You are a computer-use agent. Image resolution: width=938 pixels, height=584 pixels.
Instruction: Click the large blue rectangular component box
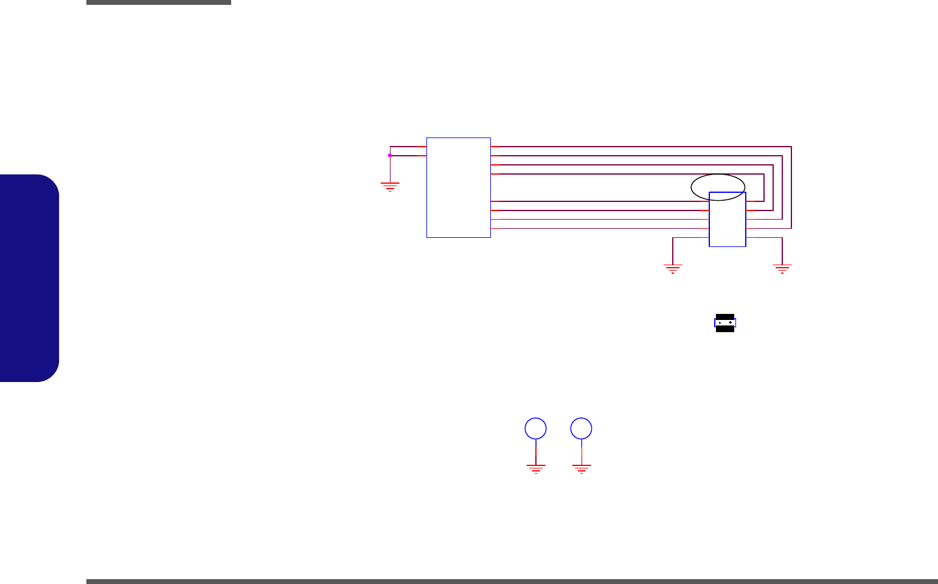(458, 187)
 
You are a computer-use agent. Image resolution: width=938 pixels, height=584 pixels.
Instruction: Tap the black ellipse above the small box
(718, 187)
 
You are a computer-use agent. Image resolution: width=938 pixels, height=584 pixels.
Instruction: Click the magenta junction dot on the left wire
(390, 155)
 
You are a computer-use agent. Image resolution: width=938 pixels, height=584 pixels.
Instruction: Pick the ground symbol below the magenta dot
(390, 186)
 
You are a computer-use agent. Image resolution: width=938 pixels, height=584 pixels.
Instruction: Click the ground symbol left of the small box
(673, 269)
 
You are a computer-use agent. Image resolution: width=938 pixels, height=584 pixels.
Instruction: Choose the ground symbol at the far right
(782, 269)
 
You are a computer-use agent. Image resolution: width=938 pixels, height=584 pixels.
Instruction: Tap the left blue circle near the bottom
(535, 428)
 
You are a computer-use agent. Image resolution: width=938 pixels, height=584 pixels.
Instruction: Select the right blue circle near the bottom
(582, 428)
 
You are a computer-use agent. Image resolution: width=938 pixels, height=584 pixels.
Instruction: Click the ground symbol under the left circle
(535, 468)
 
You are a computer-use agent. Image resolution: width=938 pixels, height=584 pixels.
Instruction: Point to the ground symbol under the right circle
(582, 468)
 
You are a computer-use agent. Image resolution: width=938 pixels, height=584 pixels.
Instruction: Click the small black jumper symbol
(724, 323)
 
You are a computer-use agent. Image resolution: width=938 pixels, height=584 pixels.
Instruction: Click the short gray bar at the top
(158, 2)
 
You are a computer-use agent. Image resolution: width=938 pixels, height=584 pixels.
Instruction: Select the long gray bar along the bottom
(511, 581)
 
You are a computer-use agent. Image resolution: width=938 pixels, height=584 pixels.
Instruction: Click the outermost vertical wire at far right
(791, 187)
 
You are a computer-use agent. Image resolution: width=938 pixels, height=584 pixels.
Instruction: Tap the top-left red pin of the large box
(420, 147)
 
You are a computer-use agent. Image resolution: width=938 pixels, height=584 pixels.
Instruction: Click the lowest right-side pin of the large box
(495, 229)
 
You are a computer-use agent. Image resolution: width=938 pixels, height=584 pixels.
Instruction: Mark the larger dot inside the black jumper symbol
(730, 323)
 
